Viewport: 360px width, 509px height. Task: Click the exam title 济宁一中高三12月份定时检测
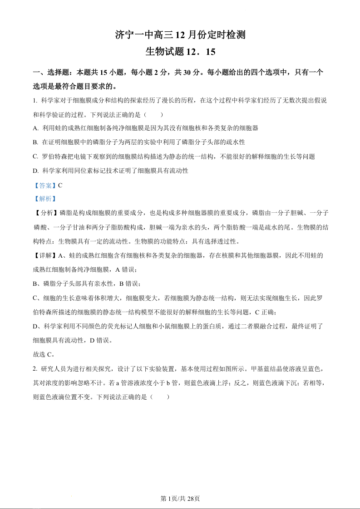[x=180, y=34]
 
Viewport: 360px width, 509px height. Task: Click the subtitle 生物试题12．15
[x=180, y=52]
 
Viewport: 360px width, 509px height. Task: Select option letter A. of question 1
[x=36, y=128]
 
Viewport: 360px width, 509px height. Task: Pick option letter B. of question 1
[x=36, y=142]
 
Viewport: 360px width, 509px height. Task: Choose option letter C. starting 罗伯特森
[x=36, y=157]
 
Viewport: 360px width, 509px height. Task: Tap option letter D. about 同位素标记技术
[x=36, y=171]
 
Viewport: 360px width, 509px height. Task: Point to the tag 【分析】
[x=46, y=213]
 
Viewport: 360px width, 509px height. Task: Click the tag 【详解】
[x=46, y=256]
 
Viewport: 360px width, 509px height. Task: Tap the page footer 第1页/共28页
[x=180, y=499]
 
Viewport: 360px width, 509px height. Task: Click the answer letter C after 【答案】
[x=60, y=185]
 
